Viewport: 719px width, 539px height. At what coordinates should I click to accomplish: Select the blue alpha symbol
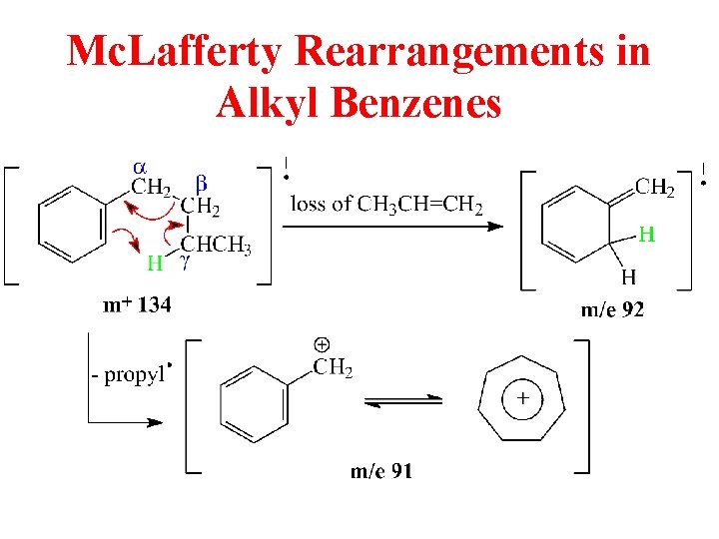tap(140, 165)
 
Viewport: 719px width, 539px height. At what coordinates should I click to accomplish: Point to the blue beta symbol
tap(201, 184)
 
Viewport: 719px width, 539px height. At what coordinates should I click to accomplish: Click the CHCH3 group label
tap(215, 247)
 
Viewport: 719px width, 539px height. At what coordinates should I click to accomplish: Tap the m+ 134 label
tap(137, 305)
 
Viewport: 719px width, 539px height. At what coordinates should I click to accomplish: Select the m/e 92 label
tap(612, 309)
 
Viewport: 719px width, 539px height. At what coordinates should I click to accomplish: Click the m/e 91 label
tap(379, 471)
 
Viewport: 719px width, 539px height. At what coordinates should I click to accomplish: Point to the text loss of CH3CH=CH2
tap(386, 206)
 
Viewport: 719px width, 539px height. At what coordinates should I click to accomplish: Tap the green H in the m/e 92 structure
tap(646, 236)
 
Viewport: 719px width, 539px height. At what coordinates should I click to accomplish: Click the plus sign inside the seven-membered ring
tap(522, 400)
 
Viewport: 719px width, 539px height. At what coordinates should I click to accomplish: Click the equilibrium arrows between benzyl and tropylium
tap(404, 400)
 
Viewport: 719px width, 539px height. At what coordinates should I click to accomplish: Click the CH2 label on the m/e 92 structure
tap(655, 187)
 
